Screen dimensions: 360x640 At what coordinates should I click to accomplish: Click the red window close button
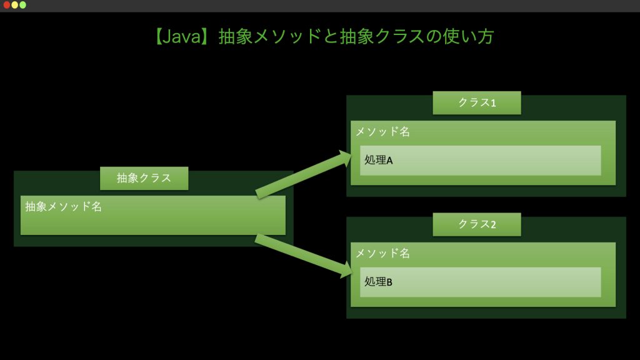coord(7,5)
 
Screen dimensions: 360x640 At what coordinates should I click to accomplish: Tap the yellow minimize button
coord(15,5)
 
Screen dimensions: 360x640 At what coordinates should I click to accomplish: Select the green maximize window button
coord(23,5)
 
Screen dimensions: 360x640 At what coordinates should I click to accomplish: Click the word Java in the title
coord(181,36)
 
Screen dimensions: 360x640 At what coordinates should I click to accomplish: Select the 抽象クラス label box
coord(144,178)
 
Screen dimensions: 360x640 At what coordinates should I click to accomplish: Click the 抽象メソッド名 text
coord(63,206)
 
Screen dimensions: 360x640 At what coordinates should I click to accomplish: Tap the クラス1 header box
coord(476,102)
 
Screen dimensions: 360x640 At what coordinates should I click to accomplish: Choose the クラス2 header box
coord(476,224)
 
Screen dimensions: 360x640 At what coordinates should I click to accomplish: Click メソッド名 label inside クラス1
coord(382,132)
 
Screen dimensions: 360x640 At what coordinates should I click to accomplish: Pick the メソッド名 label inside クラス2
coord(382,253)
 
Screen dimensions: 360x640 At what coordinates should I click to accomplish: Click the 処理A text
coord(378,160)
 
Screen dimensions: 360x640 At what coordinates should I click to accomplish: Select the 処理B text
coord(378,282)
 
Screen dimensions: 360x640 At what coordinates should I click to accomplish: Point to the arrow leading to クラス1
coord(300,176)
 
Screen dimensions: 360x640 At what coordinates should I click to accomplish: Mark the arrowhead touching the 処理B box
coord(346,270)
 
